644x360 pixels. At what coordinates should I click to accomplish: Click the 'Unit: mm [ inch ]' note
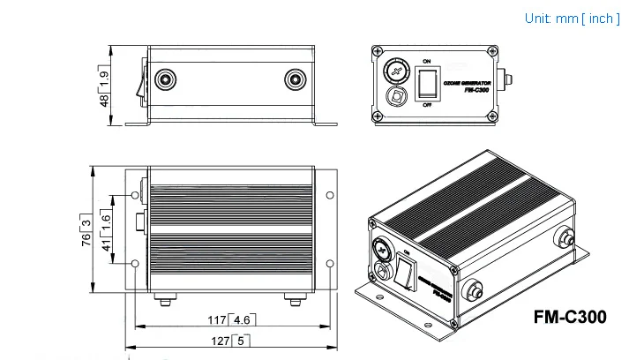pyautogui.click(x=573, y=18)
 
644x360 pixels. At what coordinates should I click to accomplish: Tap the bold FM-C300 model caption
pyautogui.click(x=571, y=316)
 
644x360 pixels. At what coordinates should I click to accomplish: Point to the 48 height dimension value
pyautogui.click(x=104, y=101)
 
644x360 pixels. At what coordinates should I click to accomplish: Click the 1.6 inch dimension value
pyautogui.click(x=106, y=219)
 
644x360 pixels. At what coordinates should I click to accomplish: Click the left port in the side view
pyautogui.click(x=163, y=81)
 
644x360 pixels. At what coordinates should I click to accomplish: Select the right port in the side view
pyautogui.click(x=295, y=81)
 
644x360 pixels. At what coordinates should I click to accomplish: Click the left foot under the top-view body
pyautogui.click(x=163, y=302)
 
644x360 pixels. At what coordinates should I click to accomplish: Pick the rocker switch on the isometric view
pyautogui.click(x=406, y=271)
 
